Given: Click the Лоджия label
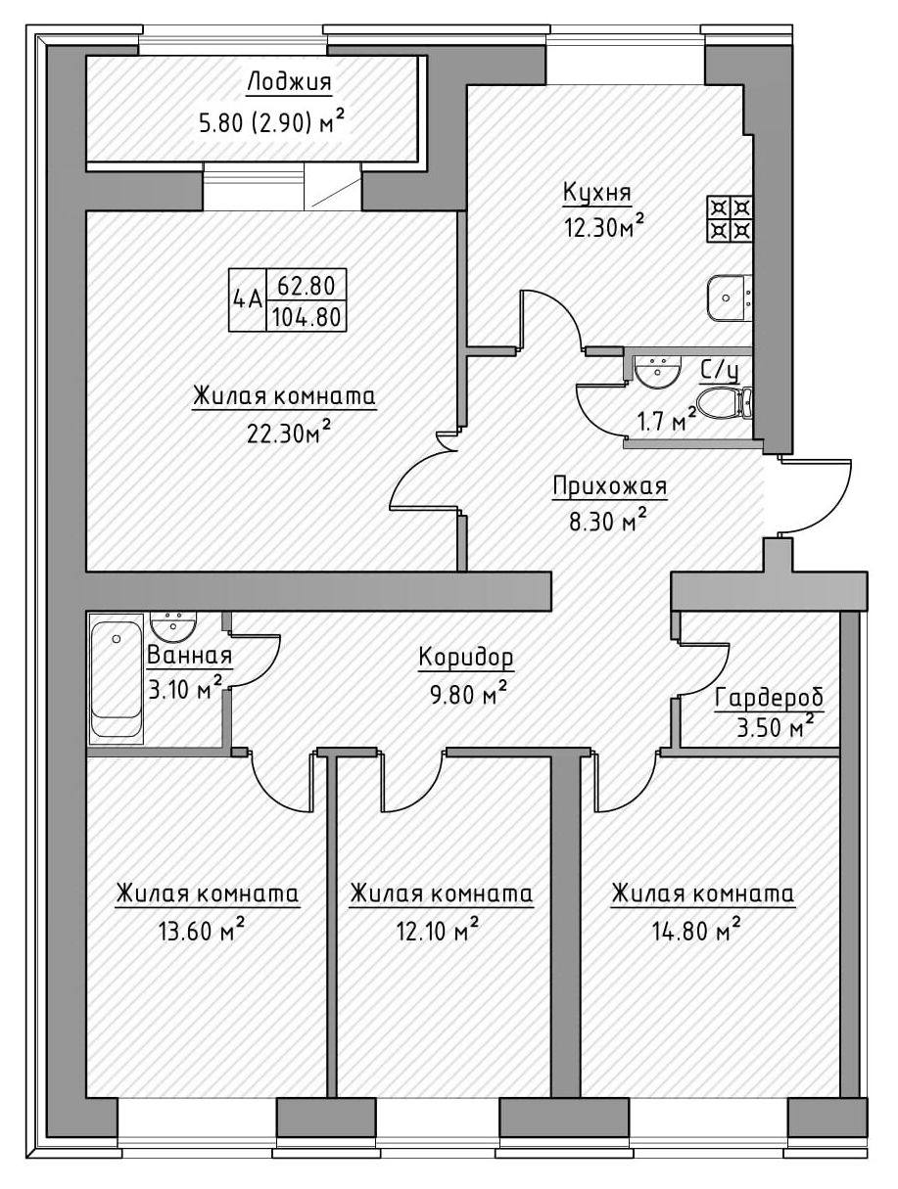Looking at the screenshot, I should pyautogui.click(x=289, y=82).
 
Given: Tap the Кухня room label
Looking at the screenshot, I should pyautogui.click(x=596, y=192).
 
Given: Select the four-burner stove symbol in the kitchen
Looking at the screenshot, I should pyautogui.click(x=731, y=219).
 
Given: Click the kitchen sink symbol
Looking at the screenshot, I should pyautogui.click(x=731, y=297).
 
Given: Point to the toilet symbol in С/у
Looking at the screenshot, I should pyautogui.click(x=724, y=401).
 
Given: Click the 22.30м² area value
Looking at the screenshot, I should pyautogui.click(x=285, y=433).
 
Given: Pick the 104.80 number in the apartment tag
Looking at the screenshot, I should pyautogui.click(x=306, y=317).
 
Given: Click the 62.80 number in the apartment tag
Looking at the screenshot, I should pyautogui.click(x=306, y=287).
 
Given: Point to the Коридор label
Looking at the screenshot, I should pyautogui.click(x=465, y=658).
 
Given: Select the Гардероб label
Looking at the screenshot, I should pyautogui.click(x=769, y=699).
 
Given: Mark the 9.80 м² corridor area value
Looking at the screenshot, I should pyautogui.click(x=465, y=696).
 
